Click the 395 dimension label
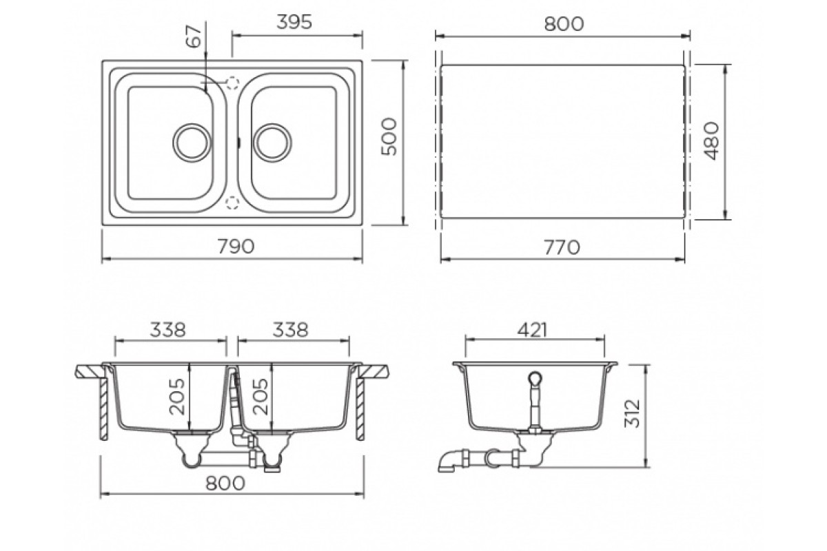[x=294, y=22]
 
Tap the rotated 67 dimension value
[x=194, y=37]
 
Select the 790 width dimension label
[x=236, y=247]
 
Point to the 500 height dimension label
[x=389, y=136]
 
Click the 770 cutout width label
[x=562, y=247]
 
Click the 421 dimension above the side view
[x=532, y=331]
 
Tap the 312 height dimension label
[x=632, y=413]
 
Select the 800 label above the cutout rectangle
[x=564, y=24]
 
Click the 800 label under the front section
[x=225, y=483]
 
